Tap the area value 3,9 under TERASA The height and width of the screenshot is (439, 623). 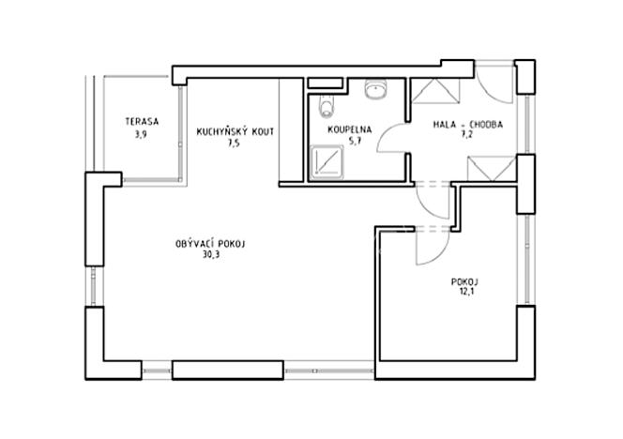point(142,133)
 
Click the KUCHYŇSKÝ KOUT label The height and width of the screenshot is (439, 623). point(235,132)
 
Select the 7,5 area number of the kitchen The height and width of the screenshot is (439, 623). point(234,144)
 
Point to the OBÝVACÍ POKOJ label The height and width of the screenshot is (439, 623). point(209,244)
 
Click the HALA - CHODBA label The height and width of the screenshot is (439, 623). point(468,124)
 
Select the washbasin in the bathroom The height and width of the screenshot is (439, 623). point(375,90)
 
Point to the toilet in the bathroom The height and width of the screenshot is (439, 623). point(325,102)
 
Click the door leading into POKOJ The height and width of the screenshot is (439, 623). point(431,246)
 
